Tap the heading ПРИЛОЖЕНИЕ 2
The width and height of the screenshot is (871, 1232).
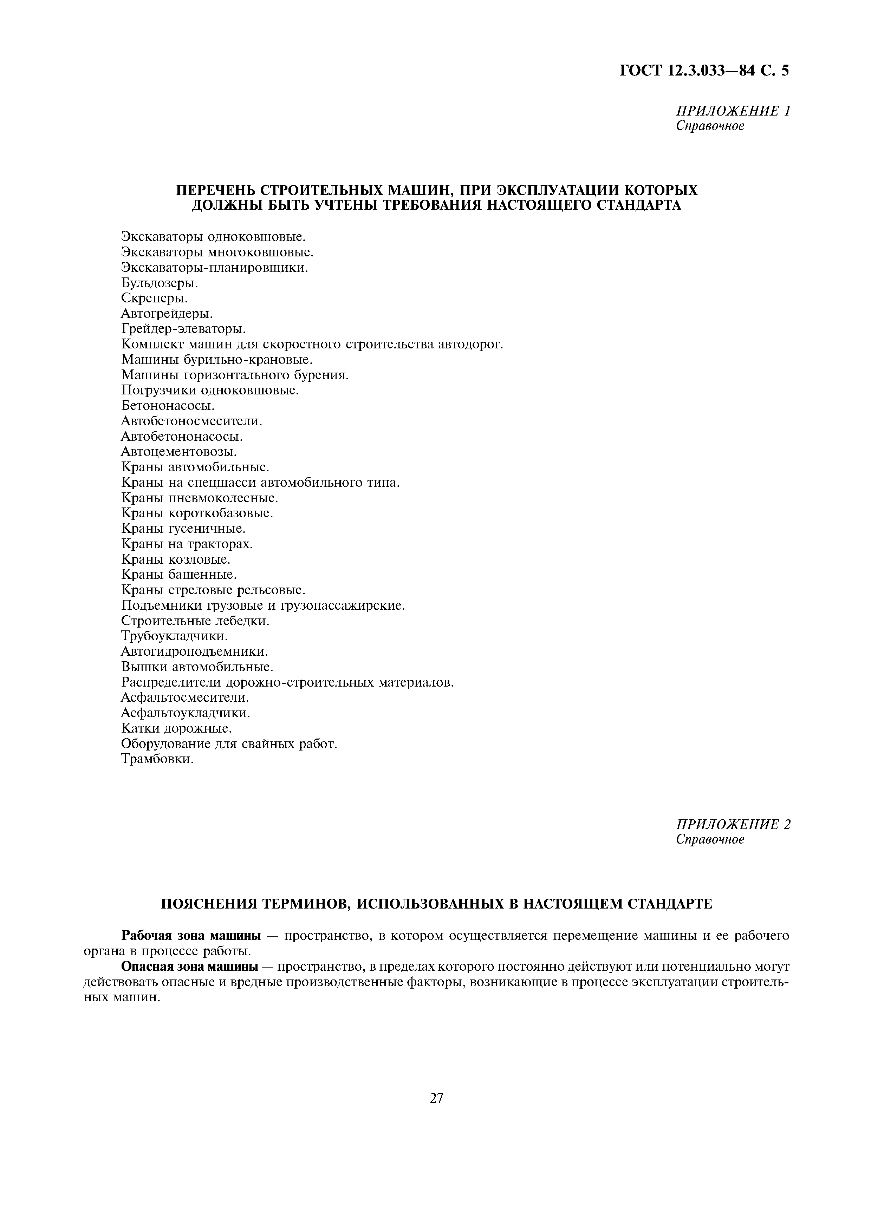[x=733, y=824]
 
